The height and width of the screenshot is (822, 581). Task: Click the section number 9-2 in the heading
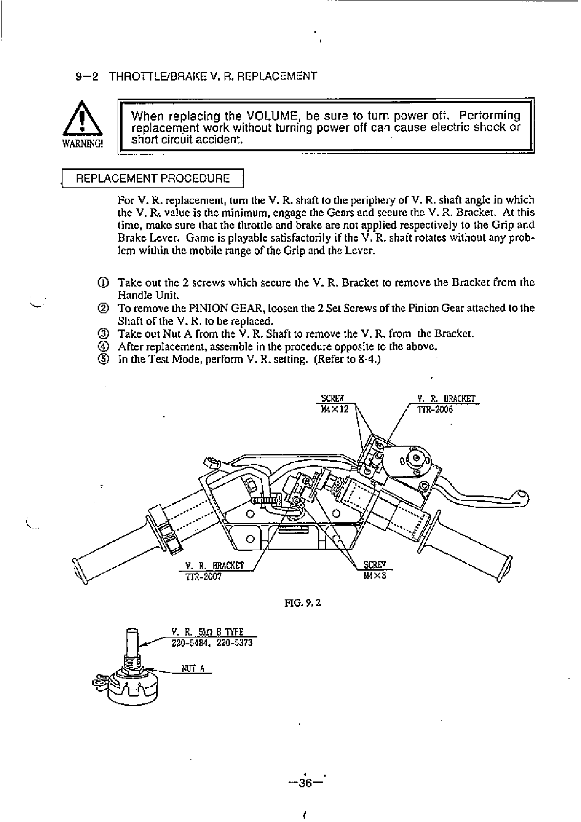click(x=87, y=76)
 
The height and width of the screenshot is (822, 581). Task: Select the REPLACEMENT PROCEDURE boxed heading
click(x=152, y=178)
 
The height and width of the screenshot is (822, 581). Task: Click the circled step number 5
click(x=103, y=360)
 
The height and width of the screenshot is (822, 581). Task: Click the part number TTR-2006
click(x=435, y=410)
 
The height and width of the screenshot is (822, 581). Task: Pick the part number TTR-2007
click(x=204, y=576)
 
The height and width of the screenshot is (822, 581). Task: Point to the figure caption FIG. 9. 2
click(x=302, y=602)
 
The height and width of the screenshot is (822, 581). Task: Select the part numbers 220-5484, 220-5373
click(x=212, y=643)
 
